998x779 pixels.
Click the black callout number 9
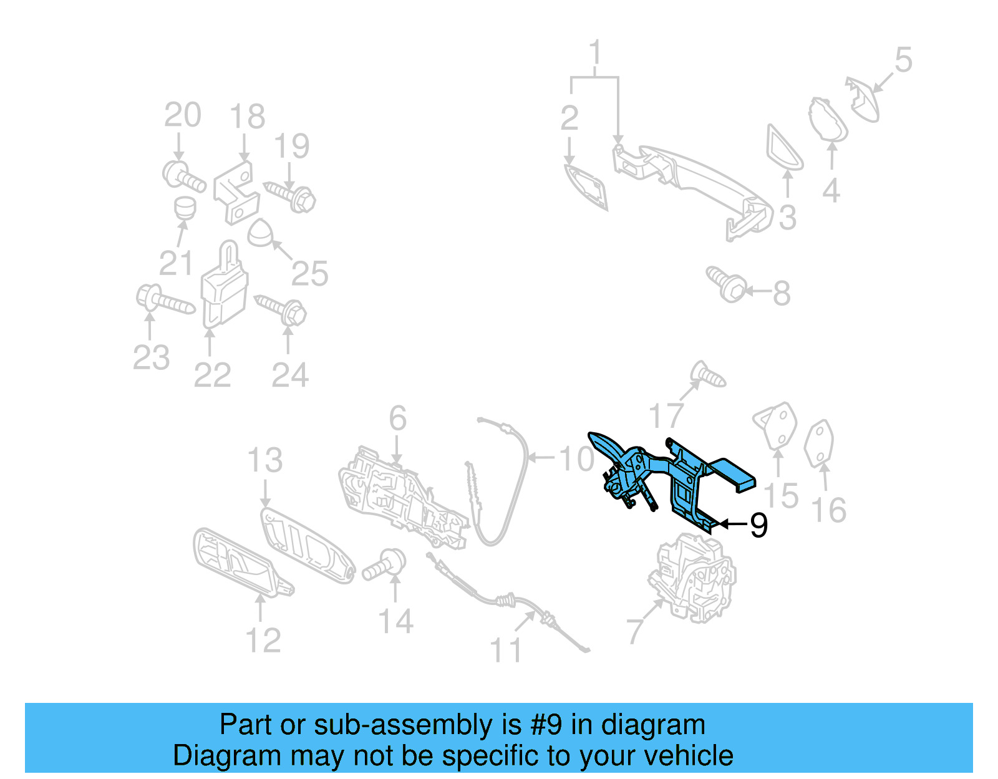pos(758,525)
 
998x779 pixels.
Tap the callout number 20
pos(182,115)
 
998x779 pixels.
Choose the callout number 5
pos(903,60)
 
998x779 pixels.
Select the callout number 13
pos(264,460)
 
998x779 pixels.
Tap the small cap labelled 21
pos(185,208)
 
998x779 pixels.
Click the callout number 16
pos(829,510)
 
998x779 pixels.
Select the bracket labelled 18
pos(235,190)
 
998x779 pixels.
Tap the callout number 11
pos(506,651)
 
